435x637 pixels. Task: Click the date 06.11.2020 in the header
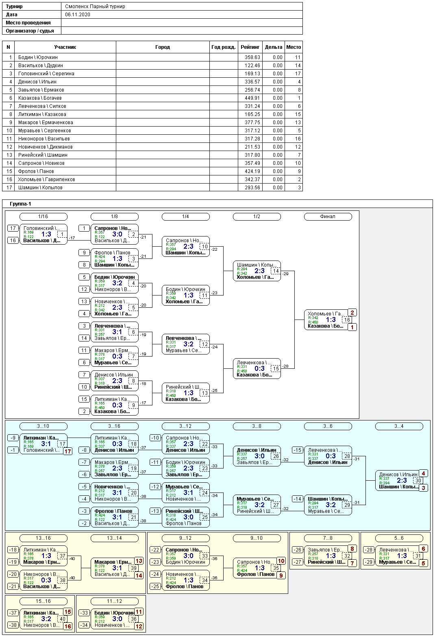(x=78, y=15)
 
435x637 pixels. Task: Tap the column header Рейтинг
(x=250, y=47)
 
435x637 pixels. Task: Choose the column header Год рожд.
(x=224, y=47)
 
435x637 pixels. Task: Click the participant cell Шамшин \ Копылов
(x=40, y=188)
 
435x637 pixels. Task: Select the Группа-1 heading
(x=20, y=204)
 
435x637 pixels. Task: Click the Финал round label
(x=328, y=217)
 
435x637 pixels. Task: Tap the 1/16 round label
(x=43, y=217)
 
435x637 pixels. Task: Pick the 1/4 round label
(x=185, y=217)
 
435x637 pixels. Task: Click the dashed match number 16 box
(x=347, y=320)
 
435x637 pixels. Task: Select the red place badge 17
(x=67, y=451)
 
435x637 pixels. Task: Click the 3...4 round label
(x=399, y=426)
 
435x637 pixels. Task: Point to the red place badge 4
(x=423, y=473)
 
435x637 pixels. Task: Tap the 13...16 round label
(x=43, y=538)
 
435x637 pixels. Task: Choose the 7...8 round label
(x=328, y=538)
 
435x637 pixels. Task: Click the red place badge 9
(x=281, y=576)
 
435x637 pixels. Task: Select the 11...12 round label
(x=114, y=601)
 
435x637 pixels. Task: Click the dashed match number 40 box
(x=62, y=619)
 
